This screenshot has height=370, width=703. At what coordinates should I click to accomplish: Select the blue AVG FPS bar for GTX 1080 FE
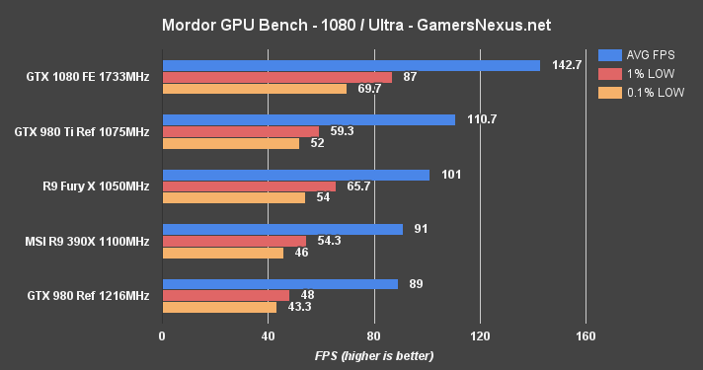(351, 66)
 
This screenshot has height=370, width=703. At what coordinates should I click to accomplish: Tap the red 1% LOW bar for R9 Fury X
(248, 186)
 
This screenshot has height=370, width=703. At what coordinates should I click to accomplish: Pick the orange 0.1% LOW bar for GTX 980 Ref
(219, 307)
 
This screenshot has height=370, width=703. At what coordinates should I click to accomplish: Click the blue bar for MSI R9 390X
(282, 229)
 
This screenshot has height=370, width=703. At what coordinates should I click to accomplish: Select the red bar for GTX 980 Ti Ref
(240, 131)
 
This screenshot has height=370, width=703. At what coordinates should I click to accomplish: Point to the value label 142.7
(566, 66)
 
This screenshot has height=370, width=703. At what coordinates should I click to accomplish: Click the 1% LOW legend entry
(642, 74)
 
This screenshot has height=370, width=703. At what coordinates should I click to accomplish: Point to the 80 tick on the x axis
(374, 335)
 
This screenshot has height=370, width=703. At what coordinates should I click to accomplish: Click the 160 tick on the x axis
(586, 335)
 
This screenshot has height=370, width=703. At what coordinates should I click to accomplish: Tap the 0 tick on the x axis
(162, 335)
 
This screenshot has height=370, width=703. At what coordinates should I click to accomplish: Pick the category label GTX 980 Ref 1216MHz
(89, 295)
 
